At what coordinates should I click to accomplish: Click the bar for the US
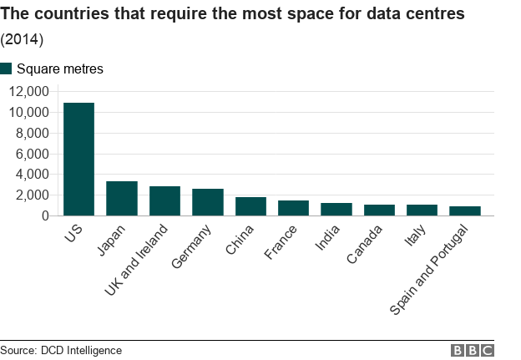(78, 159)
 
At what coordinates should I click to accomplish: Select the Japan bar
(122, 199)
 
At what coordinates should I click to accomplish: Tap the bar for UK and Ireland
(164, 201)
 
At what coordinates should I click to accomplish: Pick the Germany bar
(208, 202)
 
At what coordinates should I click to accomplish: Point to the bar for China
(250, 206)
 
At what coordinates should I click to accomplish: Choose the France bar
(293, 208)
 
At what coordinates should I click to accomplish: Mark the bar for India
(336, 210)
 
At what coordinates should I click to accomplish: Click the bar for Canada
(379, 210)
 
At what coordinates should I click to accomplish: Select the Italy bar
(422, 210)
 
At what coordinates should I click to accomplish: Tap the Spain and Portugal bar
(465, 211)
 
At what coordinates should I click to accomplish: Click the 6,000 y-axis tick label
(35, 154)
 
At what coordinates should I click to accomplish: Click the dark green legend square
(7, 68)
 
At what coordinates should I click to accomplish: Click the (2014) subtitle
(22, 39)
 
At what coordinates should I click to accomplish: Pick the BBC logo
(473, 351)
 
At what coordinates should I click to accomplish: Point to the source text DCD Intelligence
(81, 351)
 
